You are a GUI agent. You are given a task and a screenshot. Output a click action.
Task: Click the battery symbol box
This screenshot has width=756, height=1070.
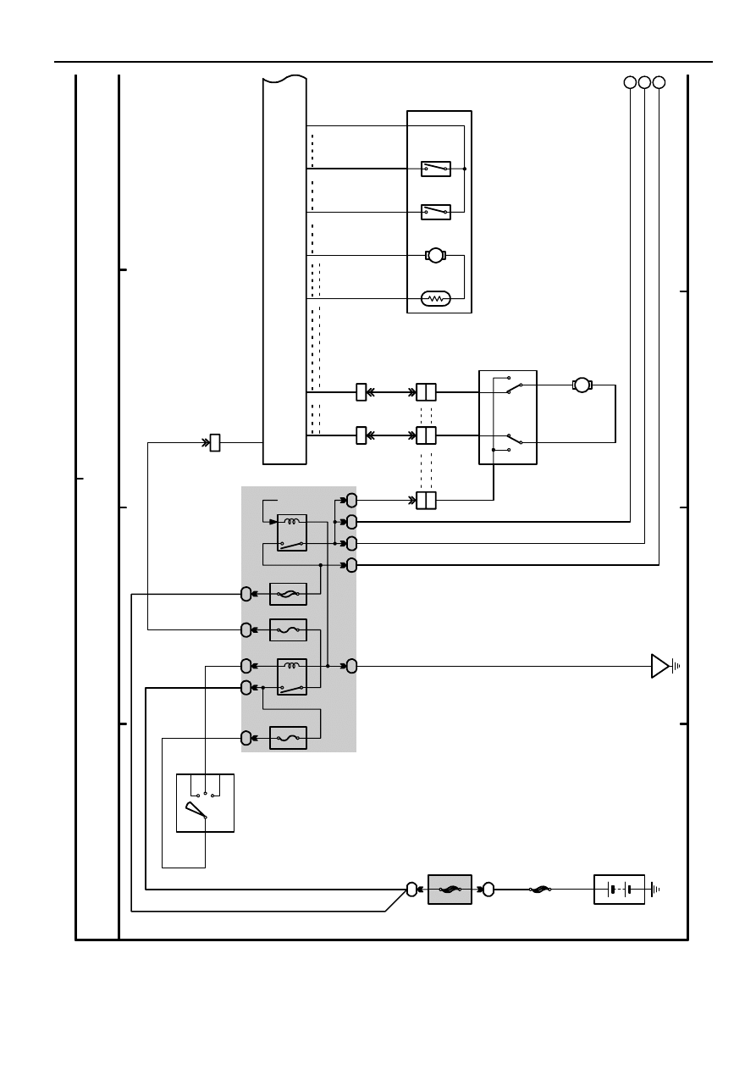coord(619,890)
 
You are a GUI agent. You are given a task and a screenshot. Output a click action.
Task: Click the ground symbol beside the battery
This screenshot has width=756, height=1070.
coord(654,890)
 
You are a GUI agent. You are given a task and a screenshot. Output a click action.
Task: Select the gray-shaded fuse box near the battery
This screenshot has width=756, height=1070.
coord(450,890)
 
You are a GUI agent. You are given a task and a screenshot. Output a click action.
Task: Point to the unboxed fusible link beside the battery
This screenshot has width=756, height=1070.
coord(540,890)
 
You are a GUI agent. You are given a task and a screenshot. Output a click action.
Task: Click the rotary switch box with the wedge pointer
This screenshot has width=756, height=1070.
coord(205,802)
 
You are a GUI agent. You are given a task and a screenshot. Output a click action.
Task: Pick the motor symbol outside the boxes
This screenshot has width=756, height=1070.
coord(582,385)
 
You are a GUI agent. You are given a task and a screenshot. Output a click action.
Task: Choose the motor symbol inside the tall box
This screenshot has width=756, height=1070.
coord(435,255)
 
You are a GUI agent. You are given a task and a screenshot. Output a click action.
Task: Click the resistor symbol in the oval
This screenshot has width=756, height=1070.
coord(436,298)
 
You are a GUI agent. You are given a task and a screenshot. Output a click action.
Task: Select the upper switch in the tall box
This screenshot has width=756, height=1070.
coord(436,169)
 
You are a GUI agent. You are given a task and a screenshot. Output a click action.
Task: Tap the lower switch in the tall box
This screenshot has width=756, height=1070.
coord(436,211)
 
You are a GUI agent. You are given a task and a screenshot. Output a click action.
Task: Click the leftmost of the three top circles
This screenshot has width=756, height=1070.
coord(630,82)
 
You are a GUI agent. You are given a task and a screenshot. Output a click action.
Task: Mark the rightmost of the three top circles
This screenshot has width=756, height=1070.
coord(659,82)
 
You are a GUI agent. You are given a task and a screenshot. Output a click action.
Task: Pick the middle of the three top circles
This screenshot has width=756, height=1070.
coord(644,82)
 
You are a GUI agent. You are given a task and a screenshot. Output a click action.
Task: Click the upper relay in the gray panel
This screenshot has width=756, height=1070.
coord(292,533)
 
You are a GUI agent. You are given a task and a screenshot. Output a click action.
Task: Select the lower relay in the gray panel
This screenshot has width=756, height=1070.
coord(292,676)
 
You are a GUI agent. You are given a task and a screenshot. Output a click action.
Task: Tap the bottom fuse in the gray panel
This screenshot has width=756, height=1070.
coord(288,738)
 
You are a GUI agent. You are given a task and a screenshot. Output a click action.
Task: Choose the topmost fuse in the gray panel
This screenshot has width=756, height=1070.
coord(288,594)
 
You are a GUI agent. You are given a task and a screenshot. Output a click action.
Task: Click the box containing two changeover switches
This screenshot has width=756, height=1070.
coord(508,417)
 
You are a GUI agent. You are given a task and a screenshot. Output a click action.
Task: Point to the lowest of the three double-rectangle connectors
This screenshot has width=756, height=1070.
coord(426,501)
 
